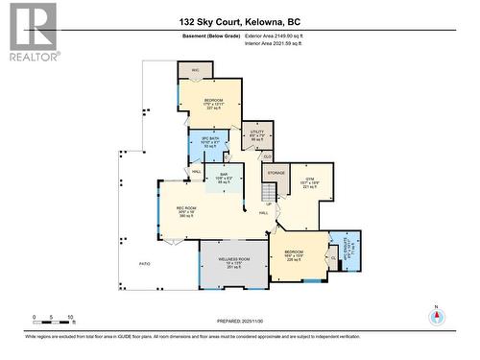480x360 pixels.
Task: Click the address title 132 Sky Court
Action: pos(240,20)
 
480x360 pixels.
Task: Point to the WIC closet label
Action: pos(194,71)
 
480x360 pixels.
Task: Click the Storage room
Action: pos(276,173)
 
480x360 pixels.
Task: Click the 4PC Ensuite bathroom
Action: pos(346,247)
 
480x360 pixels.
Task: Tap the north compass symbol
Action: pos(435,317)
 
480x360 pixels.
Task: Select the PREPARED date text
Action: pos(240,320)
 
